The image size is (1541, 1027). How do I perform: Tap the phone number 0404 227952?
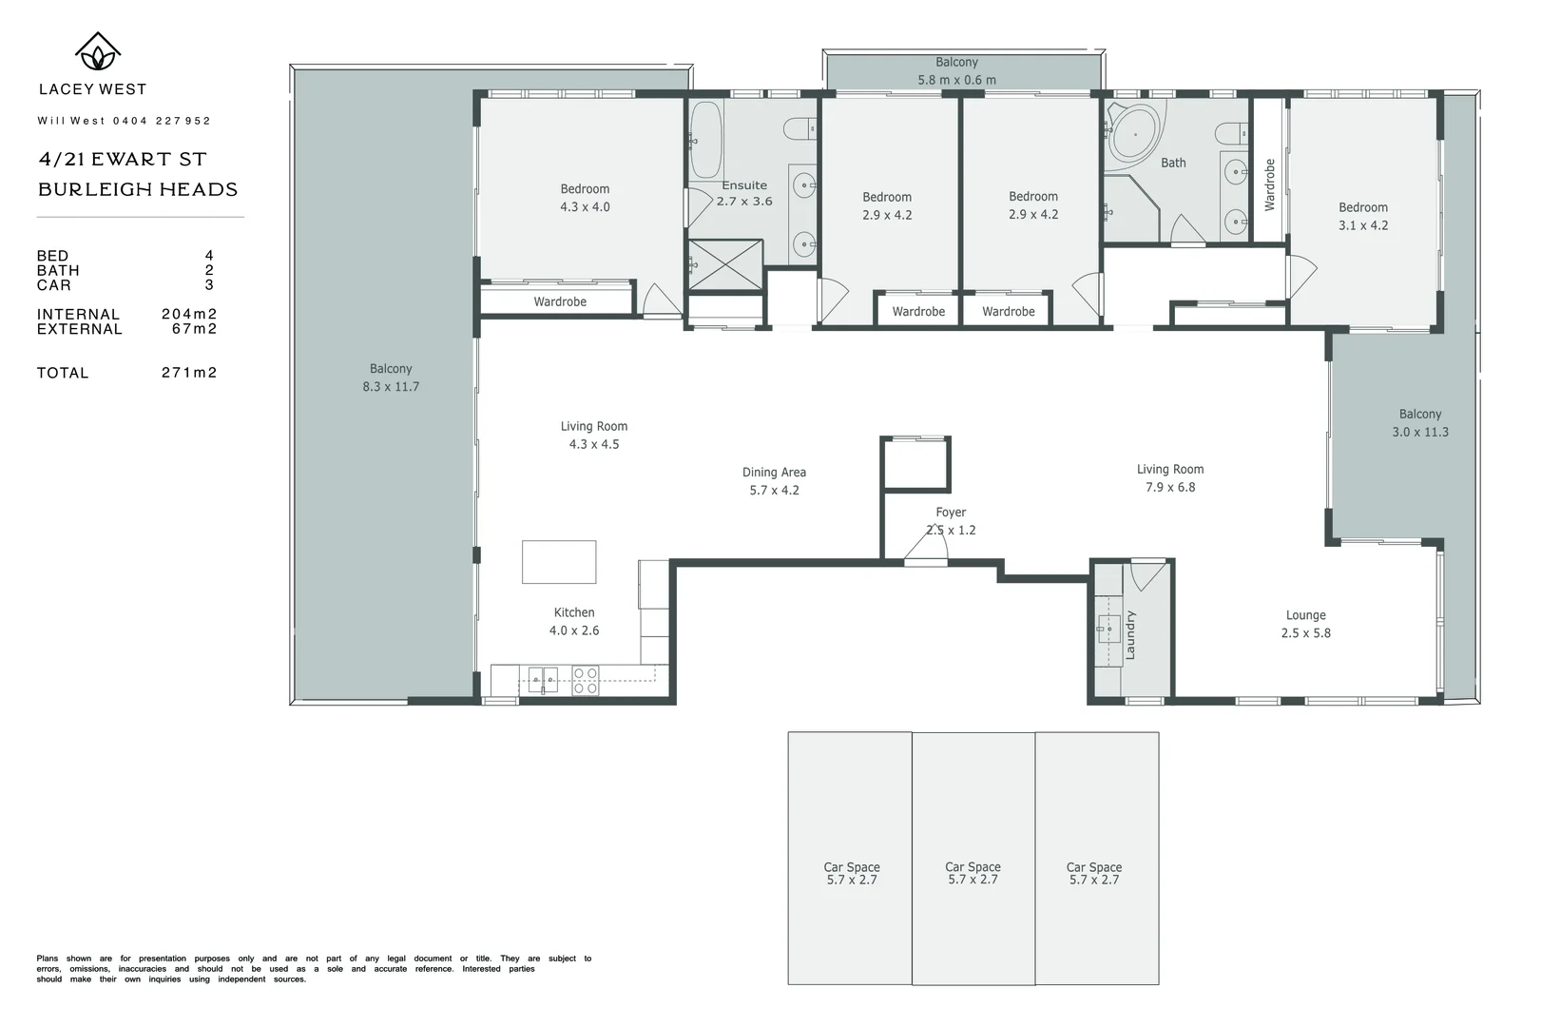click(162, 121)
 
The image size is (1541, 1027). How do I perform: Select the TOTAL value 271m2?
click(189, 373)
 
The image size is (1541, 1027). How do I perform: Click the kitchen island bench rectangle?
click(559, 562)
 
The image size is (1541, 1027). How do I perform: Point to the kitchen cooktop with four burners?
click(586, 681)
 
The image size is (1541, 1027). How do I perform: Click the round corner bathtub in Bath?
click(1134, 134)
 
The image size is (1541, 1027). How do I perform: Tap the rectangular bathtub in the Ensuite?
click(705, 139)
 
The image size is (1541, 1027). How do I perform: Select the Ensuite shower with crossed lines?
click(725, 264)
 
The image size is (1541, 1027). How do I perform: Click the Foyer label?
click(951, 512)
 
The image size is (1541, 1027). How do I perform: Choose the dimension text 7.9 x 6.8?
click(1170, 487)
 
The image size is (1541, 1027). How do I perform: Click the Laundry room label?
click(1130, 634)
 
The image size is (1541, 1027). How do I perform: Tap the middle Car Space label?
click(973, 866)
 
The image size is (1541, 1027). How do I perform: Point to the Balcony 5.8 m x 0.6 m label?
click(956, 71)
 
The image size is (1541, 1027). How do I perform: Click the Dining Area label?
click(774, 472)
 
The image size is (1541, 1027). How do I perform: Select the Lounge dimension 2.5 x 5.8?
click(1305, 633)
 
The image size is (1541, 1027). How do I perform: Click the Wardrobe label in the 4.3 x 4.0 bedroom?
click(560, 301)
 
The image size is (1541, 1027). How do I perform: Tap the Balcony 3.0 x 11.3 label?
click(1420, 422)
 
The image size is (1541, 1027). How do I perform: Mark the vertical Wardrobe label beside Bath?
click(1269, 184)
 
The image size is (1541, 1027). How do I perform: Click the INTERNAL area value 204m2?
click(189, 314)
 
